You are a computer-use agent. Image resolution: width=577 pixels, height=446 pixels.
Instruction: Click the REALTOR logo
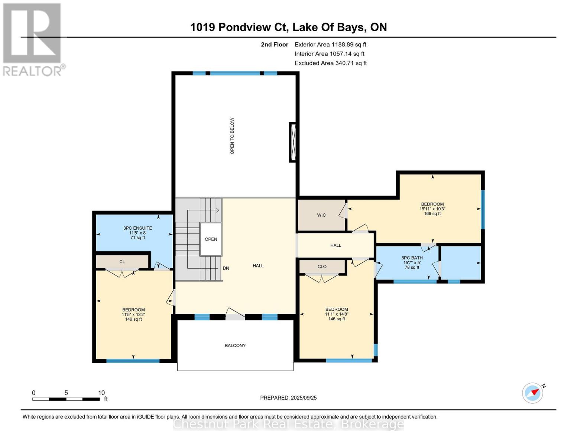[33, 39]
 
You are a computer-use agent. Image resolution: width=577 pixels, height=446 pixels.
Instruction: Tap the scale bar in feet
[66, 399]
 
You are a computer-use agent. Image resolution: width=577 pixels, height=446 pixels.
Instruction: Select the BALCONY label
[235, 346]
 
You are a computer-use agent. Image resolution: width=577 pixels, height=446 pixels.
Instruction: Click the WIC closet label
[321, 215]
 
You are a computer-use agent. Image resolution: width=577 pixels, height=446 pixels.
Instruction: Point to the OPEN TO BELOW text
[232, 136]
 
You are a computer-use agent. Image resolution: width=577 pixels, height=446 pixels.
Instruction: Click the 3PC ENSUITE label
[137, 228]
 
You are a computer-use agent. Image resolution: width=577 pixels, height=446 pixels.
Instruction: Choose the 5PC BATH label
[412, 258]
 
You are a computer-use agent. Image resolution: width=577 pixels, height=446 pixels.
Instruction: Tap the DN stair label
[226, 268]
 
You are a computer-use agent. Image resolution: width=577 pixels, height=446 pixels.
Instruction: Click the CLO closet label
[322, 266]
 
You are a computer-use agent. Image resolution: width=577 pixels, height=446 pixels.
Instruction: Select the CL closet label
[122, 262]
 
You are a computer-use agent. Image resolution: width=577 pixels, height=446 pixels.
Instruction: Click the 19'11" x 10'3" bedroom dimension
[432, 209]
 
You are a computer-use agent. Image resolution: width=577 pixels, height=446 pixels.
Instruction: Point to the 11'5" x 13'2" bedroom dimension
[133, 314]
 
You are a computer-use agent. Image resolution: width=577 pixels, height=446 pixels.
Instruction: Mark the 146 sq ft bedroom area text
[337, 319]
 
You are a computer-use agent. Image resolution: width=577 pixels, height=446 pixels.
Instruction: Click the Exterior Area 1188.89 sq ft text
[330, 45]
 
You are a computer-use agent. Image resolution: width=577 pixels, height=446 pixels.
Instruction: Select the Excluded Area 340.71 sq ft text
[331, 63]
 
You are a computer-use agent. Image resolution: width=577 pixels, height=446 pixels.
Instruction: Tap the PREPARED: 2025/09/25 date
[288, 398]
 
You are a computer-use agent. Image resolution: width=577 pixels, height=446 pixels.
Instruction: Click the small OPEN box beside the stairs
[211, 239]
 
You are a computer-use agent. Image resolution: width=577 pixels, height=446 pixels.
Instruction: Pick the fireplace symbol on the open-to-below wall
[293, 142]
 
